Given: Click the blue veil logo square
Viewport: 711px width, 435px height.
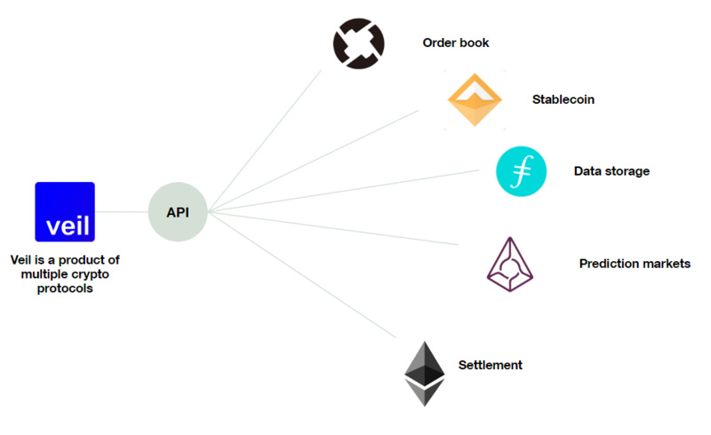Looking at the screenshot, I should click(65, 212).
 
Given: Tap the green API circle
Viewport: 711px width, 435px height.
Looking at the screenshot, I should click(178, 212).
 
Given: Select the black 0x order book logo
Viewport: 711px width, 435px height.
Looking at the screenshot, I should click(358, 42).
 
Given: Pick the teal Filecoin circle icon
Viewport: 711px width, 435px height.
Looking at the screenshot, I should click(521, 171).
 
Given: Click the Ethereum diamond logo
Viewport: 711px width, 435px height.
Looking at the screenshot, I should click(424, 373).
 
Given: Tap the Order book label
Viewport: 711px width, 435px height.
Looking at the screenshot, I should click(456, 43).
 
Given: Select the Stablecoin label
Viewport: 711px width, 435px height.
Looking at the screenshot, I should click(563, 99).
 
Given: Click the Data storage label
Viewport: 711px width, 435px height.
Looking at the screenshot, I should click(611, 171).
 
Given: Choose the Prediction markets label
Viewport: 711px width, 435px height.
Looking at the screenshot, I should click(635, 264).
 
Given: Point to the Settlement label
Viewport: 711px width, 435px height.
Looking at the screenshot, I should click(490, 365).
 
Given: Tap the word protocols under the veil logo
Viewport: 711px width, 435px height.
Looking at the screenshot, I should click(65, 289).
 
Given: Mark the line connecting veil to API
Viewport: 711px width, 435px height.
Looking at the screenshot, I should click(121, 212).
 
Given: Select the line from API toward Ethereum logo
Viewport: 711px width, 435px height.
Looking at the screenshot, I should click(302, 275).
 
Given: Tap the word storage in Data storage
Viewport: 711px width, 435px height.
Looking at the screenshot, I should click(628, 171).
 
